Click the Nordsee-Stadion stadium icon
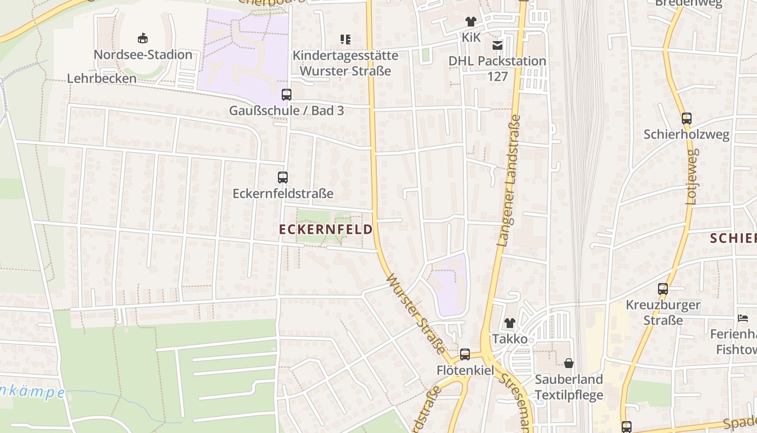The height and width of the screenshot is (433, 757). (143, 38)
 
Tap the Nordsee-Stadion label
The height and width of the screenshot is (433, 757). (143, 55)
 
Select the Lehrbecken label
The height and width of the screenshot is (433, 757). (102, 78)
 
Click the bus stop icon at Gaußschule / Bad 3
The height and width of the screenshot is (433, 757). (287, 94)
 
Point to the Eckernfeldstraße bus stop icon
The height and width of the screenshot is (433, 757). (283, 177)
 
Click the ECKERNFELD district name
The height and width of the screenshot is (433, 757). (326, 229)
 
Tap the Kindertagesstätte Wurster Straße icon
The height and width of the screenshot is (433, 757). (345, 39)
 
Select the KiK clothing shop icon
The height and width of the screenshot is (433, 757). (471, 22)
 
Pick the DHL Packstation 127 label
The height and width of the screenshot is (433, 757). (497, 68)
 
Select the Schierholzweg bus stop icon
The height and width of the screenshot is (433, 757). (687, 118)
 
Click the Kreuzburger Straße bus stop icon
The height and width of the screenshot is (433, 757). (663, 289)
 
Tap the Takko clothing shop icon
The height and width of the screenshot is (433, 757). (509, 323)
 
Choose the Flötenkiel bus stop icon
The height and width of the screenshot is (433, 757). (465, 355)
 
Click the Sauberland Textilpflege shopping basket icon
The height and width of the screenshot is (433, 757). (569, 363)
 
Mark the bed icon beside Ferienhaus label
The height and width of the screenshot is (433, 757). (743, 318)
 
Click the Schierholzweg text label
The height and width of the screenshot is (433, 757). (686, 134)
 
